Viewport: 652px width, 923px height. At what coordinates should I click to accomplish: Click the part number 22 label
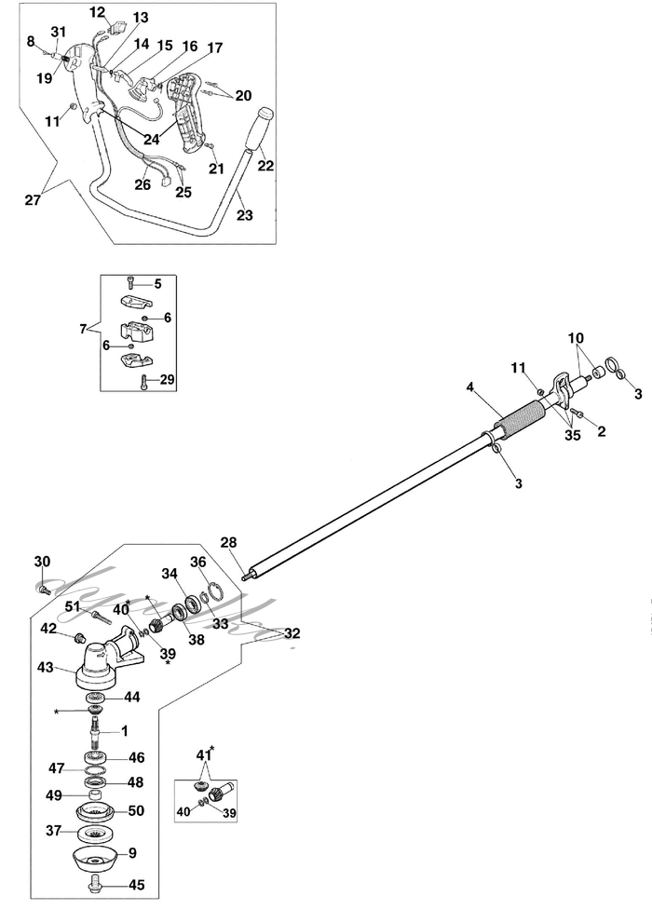(x=265, y=167)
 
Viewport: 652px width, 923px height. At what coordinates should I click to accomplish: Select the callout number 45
(x=136, y=885)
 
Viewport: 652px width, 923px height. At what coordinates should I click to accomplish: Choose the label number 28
(x=228, y=542)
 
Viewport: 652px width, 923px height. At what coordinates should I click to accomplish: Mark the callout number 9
(x=132, y=851)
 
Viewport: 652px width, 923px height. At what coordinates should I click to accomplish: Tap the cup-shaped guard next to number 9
(x=95, y=855)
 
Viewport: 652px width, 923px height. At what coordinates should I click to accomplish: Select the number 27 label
(x=34, y=199)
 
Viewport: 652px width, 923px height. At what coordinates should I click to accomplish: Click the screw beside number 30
(x=44, y=589)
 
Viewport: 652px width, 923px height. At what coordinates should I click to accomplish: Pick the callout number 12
(x=98, y=12)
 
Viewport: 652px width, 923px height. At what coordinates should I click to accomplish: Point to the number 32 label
(x=292, y=632)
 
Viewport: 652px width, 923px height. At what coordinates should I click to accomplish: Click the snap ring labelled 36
(x=211, y=591)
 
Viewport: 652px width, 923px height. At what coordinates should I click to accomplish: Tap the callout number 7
(x=83, y=329)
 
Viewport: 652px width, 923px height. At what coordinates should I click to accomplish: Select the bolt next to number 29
(x=145, y=381)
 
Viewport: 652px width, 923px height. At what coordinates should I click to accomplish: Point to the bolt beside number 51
(x=102, y=617)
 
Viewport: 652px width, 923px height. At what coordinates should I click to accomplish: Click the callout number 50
(x=136, y=811)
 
